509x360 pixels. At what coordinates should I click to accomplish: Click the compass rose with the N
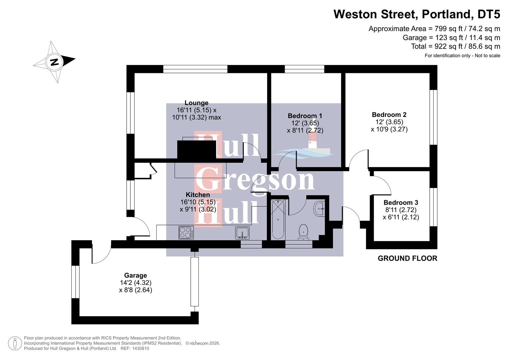coord(54,62)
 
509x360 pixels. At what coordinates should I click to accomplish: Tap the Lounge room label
coord(196,103)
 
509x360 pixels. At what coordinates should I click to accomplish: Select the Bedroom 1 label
coord(305,116)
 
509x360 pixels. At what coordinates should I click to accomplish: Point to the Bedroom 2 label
coord(389,115)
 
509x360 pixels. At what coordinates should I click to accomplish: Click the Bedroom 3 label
coord(400,203)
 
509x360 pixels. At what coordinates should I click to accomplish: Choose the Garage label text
coord(135,275)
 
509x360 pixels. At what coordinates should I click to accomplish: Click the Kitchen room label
coord(198,195)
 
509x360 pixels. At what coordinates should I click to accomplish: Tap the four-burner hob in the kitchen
coord(186,232)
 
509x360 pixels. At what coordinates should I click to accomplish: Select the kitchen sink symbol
coord(242,233)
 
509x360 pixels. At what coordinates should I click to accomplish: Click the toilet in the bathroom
coord(303,232)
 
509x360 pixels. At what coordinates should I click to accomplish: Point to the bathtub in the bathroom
coord(278,219)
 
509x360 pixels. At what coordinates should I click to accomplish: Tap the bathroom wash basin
coord(319,209)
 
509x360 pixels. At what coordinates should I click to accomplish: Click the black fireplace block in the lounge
coord(197,150)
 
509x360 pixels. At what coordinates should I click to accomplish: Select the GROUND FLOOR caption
coord(407,258)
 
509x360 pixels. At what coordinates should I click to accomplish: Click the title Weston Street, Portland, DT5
coord(417,14)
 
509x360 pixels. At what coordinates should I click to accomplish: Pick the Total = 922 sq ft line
coord(455,46)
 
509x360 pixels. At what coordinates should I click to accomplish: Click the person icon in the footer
coord(15,343)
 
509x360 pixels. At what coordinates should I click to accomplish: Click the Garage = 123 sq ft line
coord(451,38)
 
